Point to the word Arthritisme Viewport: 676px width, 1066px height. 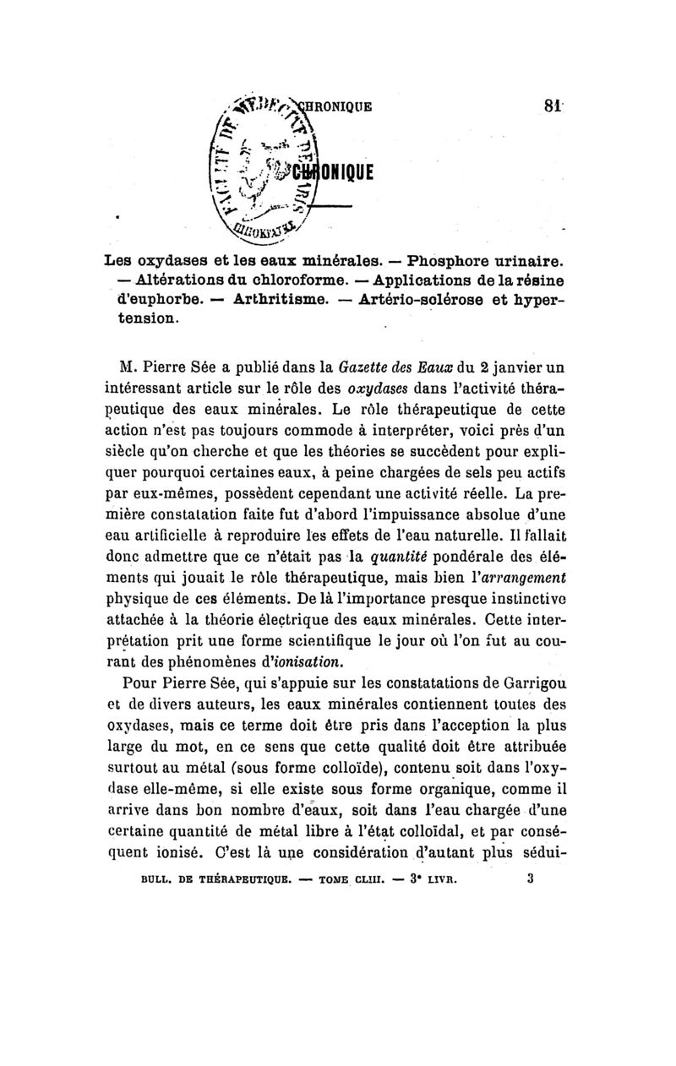(285, 300)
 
